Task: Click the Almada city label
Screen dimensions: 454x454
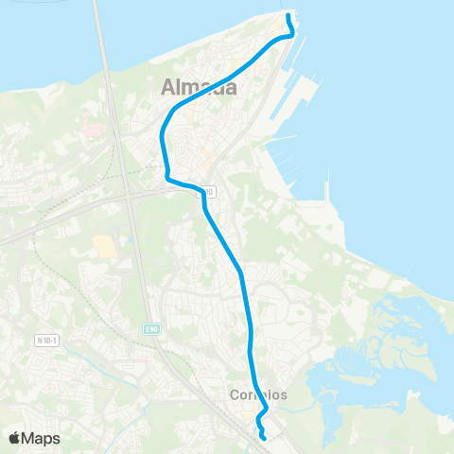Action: (x=199, y=88)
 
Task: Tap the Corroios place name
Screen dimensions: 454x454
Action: (x=258, y=394)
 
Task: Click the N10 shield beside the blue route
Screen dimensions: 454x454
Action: (x=207, y=192)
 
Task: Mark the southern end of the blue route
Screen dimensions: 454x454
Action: (x=263, y=438)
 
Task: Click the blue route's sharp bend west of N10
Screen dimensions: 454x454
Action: (x=167, y=177)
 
